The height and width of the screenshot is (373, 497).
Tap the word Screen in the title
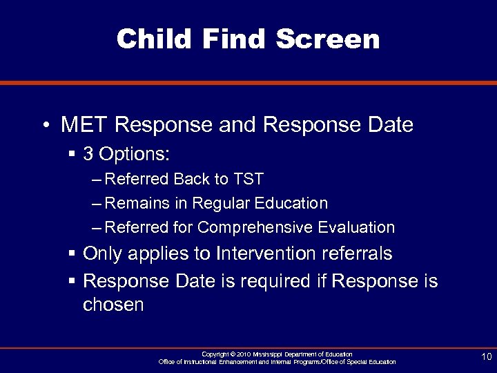[328, 39]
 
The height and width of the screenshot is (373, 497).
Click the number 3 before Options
[88, 153]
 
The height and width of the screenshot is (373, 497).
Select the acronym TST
[248, 180]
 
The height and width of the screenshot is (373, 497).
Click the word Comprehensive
[255, 227]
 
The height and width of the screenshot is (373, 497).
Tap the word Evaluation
[357, 227]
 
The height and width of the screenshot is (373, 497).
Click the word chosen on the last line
[113, 305]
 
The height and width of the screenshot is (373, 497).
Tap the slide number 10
[486, 356]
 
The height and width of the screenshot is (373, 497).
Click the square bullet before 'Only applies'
[72, 254]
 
